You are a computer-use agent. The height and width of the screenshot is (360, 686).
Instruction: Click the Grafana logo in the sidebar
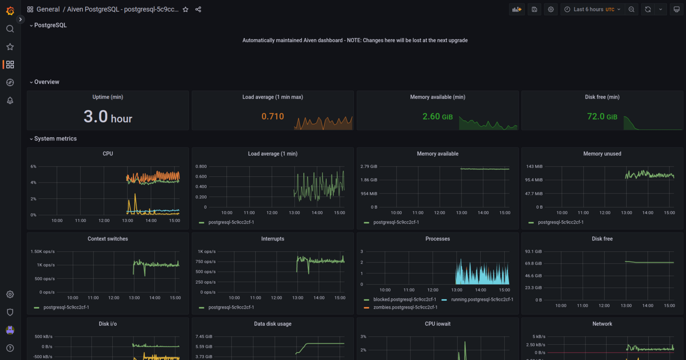(x=10, y=10)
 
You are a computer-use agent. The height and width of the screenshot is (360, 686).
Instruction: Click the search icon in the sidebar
(x=10, y=29)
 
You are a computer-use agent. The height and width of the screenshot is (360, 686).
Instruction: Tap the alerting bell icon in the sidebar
(x=10, y=100)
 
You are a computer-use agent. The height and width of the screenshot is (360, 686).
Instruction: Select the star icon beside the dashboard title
(x=185, y=9)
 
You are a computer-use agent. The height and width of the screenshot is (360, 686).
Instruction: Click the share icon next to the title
(x=198, y=9)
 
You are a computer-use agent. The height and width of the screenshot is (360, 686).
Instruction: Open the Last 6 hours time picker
(x=593, y=9)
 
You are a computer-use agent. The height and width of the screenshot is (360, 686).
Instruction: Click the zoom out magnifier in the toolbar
(x=632, y=9)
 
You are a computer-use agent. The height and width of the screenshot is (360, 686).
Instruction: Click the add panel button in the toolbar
(x=516, y=9)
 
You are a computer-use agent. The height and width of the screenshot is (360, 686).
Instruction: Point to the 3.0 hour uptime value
(x=108, y=117)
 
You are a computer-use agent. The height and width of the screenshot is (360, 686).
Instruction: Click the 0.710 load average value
(x=272, y=117)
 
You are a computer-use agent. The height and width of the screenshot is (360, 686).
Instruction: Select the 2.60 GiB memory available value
(x=438, y=117)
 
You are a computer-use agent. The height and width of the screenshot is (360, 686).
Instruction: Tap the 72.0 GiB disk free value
(x=602, y=117)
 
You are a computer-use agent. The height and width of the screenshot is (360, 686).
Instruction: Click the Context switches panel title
(x=108, y=239)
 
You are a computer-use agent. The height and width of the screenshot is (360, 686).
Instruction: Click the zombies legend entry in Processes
(x=405, y=307)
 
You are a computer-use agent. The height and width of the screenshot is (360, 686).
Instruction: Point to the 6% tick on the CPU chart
(x=33, y=167)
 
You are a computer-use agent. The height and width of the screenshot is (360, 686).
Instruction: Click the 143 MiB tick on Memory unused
(x=535, y=167)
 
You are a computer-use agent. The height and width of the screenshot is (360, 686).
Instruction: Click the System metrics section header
(x=55, y=139)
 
